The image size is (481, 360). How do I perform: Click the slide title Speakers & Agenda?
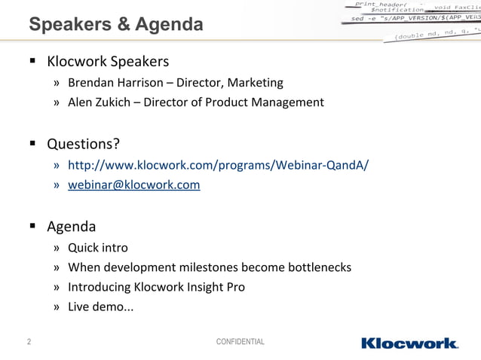[x=115, y=25]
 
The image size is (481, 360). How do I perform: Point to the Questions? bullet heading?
[x=83, y=143]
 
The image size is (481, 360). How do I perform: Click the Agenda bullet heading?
[x=71, y=226]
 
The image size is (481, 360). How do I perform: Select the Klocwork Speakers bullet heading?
[x=108, y=60]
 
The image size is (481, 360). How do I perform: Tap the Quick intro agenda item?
[x=97, y=248]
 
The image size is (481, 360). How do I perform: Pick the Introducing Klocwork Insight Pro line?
[x=156, y=287]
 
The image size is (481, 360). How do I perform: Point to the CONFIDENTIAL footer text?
[x=240, y=343]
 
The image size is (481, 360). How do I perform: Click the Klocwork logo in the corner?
[x=409, y=343]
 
